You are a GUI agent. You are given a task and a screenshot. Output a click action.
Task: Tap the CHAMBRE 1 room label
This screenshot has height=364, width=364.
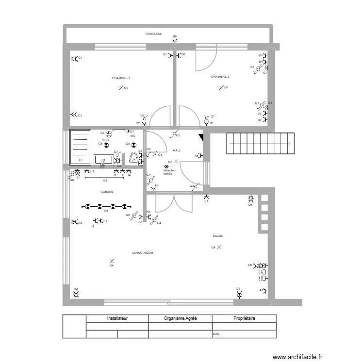[121, 78]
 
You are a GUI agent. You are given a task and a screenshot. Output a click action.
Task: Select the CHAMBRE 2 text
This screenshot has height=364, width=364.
[220, 77]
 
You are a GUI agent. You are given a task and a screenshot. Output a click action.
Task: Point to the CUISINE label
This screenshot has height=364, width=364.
[107, 192]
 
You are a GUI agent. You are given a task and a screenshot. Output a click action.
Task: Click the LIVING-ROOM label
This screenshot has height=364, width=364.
[143, 253]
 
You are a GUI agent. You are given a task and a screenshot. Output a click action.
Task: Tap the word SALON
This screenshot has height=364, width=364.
[218, 236]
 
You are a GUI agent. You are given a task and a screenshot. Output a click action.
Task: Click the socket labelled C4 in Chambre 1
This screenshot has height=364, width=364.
[74, 59]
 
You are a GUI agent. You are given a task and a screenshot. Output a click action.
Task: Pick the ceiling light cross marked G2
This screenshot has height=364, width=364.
[121, 88]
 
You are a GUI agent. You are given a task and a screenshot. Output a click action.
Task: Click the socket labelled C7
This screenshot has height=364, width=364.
[239, 295]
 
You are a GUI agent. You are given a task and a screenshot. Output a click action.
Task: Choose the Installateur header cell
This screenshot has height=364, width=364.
[117, 319]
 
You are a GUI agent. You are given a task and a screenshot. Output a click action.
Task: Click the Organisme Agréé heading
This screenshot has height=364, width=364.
[180, 319]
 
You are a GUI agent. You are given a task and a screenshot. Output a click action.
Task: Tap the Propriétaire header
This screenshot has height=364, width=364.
[244, 319]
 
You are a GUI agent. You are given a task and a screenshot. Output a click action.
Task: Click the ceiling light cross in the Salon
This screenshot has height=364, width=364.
[219, 248]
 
